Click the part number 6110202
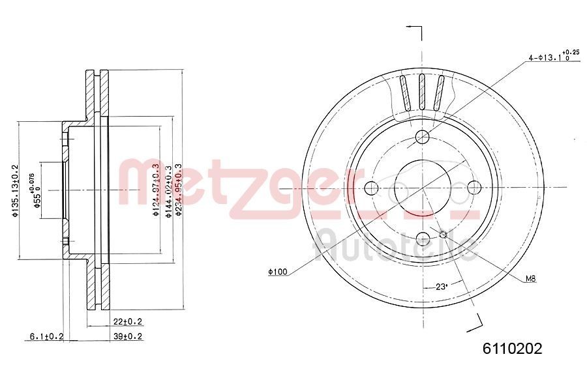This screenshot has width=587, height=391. (x=512, y=349)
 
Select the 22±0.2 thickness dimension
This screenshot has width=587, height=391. (x=128, y=321)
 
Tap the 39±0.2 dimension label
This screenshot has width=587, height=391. (x=128, y=336)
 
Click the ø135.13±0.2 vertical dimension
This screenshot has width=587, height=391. (x=14, y=190)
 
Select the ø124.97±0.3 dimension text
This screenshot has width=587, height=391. (x=155, y=190)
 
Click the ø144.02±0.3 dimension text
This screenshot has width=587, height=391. (x=168, y=190)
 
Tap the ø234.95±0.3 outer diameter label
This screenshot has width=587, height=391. (x=178, y=190)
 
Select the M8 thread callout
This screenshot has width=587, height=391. (x=530, y=279)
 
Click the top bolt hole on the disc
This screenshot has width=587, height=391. (x=423, y=136)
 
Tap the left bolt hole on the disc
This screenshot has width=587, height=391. (x=371, y=188)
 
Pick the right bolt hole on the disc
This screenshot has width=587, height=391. (x=475, y=188)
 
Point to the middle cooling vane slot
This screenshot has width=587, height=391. (x=423, y=92)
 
